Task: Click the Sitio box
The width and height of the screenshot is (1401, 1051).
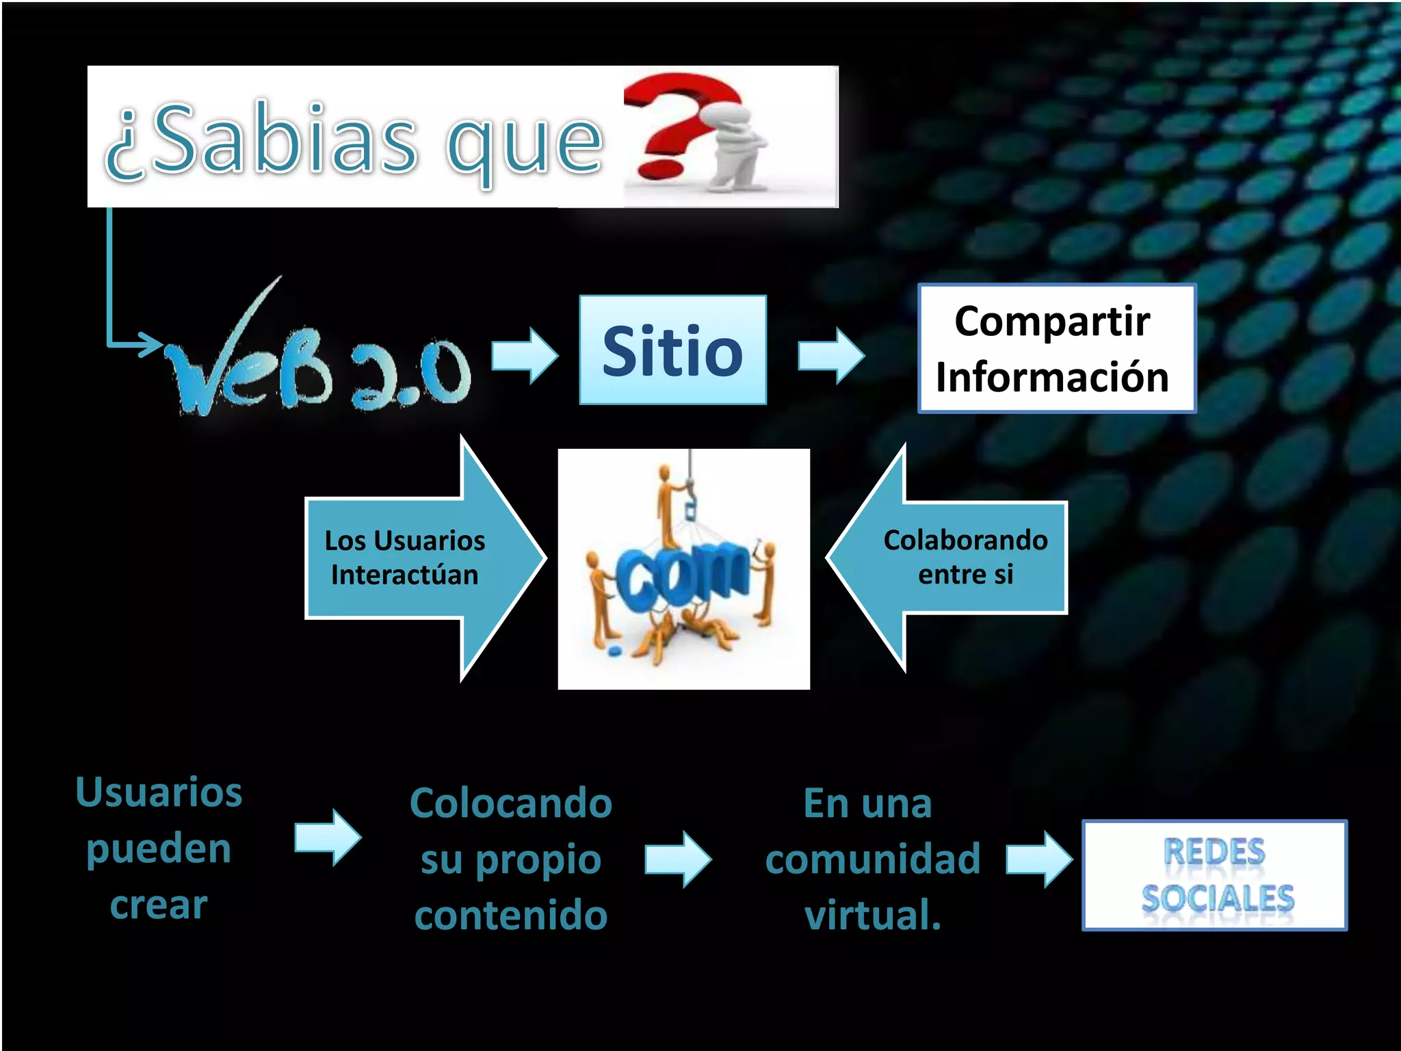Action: coord(672,350)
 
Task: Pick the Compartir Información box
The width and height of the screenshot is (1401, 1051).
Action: coord(1056,349)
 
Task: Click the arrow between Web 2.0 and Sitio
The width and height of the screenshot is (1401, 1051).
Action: coord(525,355)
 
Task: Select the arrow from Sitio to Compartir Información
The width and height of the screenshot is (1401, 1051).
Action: coord(830,355)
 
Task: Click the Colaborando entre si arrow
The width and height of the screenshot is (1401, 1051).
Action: coord(951,557)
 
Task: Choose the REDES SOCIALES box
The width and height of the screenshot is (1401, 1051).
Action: coord(1214,875)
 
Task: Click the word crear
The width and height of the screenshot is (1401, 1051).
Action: coord(159,905)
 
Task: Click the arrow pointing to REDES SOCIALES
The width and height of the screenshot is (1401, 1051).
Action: coord(1038,859)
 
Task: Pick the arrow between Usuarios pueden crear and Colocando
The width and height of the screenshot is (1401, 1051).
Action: coord(327,837)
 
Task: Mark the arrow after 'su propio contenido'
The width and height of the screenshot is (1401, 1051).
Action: coord(677,859)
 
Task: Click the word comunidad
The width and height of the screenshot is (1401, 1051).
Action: coord(873,859)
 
